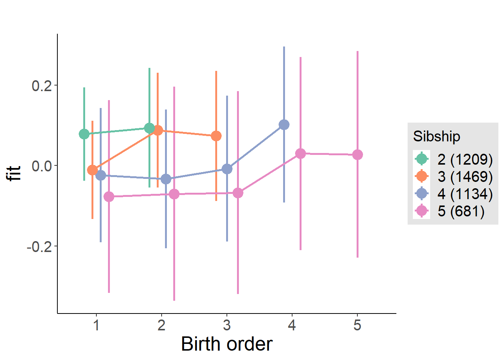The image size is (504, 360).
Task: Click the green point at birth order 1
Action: click(84, 134)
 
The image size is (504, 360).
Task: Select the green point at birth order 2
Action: click(150, 128)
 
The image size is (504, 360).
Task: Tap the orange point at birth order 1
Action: click(92, 170)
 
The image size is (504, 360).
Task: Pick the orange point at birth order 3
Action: click(216, 136)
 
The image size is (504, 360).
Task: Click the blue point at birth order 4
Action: click(284, 124)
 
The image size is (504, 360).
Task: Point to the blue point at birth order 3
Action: click(227, 169)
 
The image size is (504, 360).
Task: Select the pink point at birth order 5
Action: click(358, 154)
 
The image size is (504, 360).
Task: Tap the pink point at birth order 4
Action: click(300, 153)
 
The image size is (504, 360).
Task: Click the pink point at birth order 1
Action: click(109, 196)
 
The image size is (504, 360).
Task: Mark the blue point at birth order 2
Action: click(166, 179)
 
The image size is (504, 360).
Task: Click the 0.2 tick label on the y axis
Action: click(42, 86)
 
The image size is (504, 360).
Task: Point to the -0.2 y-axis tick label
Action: click(39, 247)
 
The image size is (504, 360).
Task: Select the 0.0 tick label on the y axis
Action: click(42, 166)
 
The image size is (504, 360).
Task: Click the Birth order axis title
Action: click(226, 344)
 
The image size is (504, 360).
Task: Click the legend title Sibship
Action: click(436, 136)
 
